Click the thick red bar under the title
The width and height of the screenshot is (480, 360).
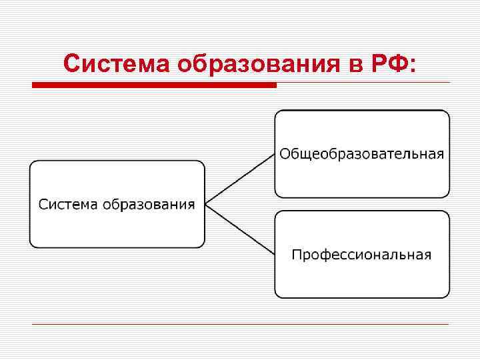coord(154,85)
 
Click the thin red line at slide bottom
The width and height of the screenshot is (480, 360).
coord(240,325)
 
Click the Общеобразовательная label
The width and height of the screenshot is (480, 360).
coord(361,154)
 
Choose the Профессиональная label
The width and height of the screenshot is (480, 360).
coord(361,255)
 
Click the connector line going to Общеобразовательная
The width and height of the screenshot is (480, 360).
coord(240,179)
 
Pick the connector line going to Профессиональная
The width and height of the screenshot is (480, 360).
coord(240,229)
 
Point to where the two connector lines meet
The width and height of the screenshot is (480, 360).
coord(206,204)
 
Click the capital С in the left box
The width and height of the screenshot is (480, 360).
coord(43,204)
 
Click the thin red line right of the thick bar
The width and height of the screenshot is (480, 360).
coord(363,83)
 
